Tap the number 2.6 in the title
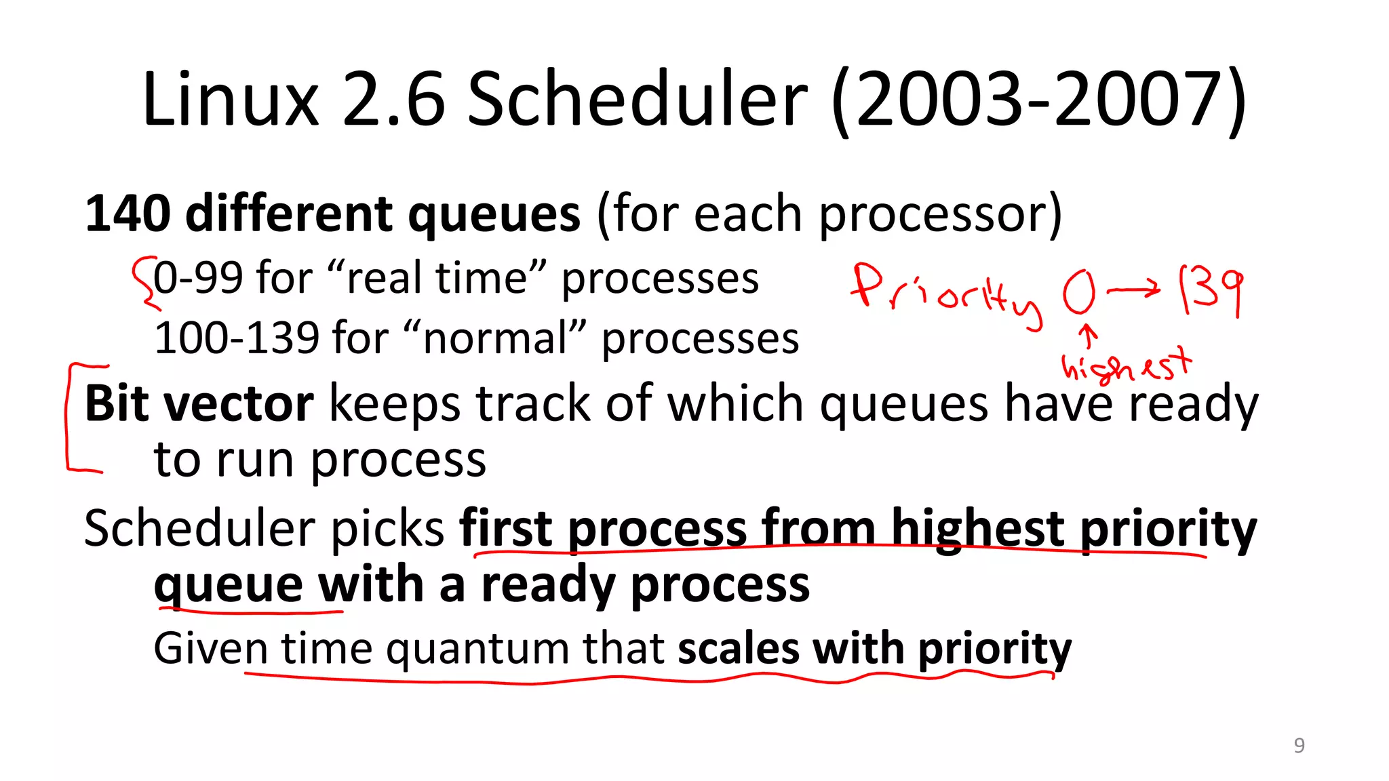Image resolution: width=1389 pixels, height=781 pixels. [394, 100]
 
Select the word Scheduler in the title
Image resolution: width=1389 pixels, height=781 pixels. [638, 100]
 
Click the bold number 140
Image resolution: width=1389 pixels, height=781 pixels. [128, 214]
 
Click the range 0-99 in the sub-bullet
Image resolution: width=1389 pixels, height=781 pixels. [198, 278]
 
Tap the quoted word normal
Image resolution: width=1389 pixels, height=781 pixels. [495, 338]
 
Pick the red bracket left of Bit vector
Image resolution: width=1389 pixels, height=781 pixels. [70, 417]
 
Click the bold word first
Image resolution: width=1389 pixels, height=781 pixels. [505, 529]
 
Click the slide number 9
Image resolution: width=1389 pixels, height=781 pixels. [1299, 745]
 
